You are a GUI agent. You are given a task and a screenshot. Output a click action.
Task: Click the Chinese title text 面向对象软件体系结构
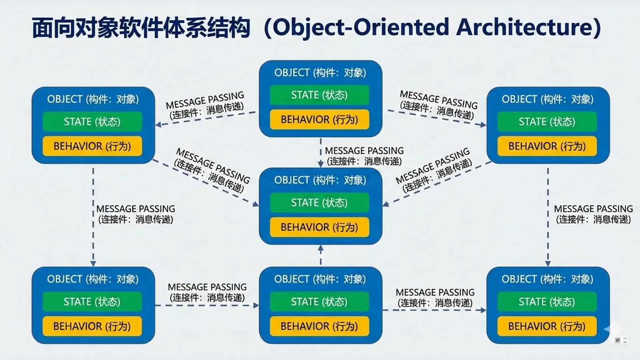coord(141,28)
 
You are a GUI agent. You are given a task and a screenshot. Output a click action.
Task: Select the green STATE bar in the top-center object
coord(320,95)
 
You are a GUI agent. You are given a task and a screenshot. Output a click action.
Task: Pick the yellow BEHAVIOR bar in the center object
coord(320,227)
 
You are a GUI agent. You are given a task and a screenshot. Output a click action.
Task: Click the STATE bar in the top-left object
coord(92,122)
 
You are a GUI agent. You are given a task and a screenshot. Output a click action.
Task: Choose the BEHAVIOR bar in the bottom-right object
coord(547,326)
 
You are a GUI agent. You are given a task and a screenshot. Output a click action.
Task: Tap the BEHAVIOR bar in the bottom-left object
coord(92,326)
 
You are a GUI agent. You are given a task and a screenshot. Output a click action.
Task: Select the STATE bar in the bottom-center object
coord(320,302)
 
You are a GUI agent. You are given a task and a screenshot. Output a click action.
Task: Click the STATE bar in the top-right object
coord(547,122)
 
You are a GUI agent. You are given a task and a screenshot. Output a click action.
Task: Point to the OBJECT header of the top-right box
coord(548,99)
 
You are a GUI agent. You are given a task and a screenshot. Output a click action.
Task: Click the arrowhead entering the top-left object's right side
coord(158,124)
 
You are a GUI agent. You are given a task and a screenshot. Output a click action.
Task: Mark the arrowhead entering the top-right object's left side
coord(483,124)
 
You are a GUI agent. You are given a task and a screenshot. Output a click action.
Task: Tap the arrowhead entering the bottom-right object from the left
coord(483,310)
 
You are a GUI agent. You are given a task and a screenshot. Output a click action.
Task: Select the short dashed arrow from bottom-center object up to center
coord(320,255)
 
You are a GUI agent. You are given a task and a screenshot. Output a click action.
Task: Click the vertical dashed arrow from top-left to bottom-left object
coord(93,217)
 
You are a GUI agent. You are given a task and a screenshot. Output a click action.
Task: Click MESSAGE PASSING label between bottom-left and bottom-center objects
coord(207,292)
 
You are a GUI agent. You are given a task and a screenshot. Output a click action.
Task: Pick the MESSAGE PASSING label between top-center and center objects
coord(364,156)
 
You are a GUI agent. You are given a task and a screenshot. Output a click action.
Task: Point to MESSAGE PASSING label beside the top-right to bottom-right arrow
coord(593,214)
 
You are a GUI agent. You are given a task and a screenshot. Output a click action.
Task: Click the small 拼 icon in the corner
coord(618,340)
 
